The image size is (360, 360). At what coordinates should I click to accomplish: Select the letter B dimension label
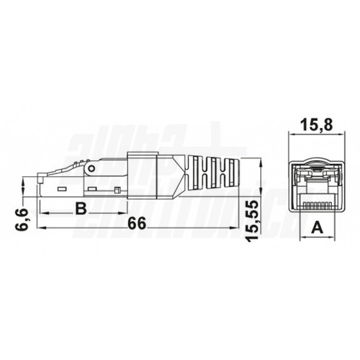(x=80, y=208)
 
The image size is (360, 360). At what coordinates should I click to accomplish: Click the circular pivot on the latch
(x=92, y=168)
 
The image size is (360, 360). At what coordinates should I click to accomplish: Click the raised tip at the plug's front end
(x=41, y=179)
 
